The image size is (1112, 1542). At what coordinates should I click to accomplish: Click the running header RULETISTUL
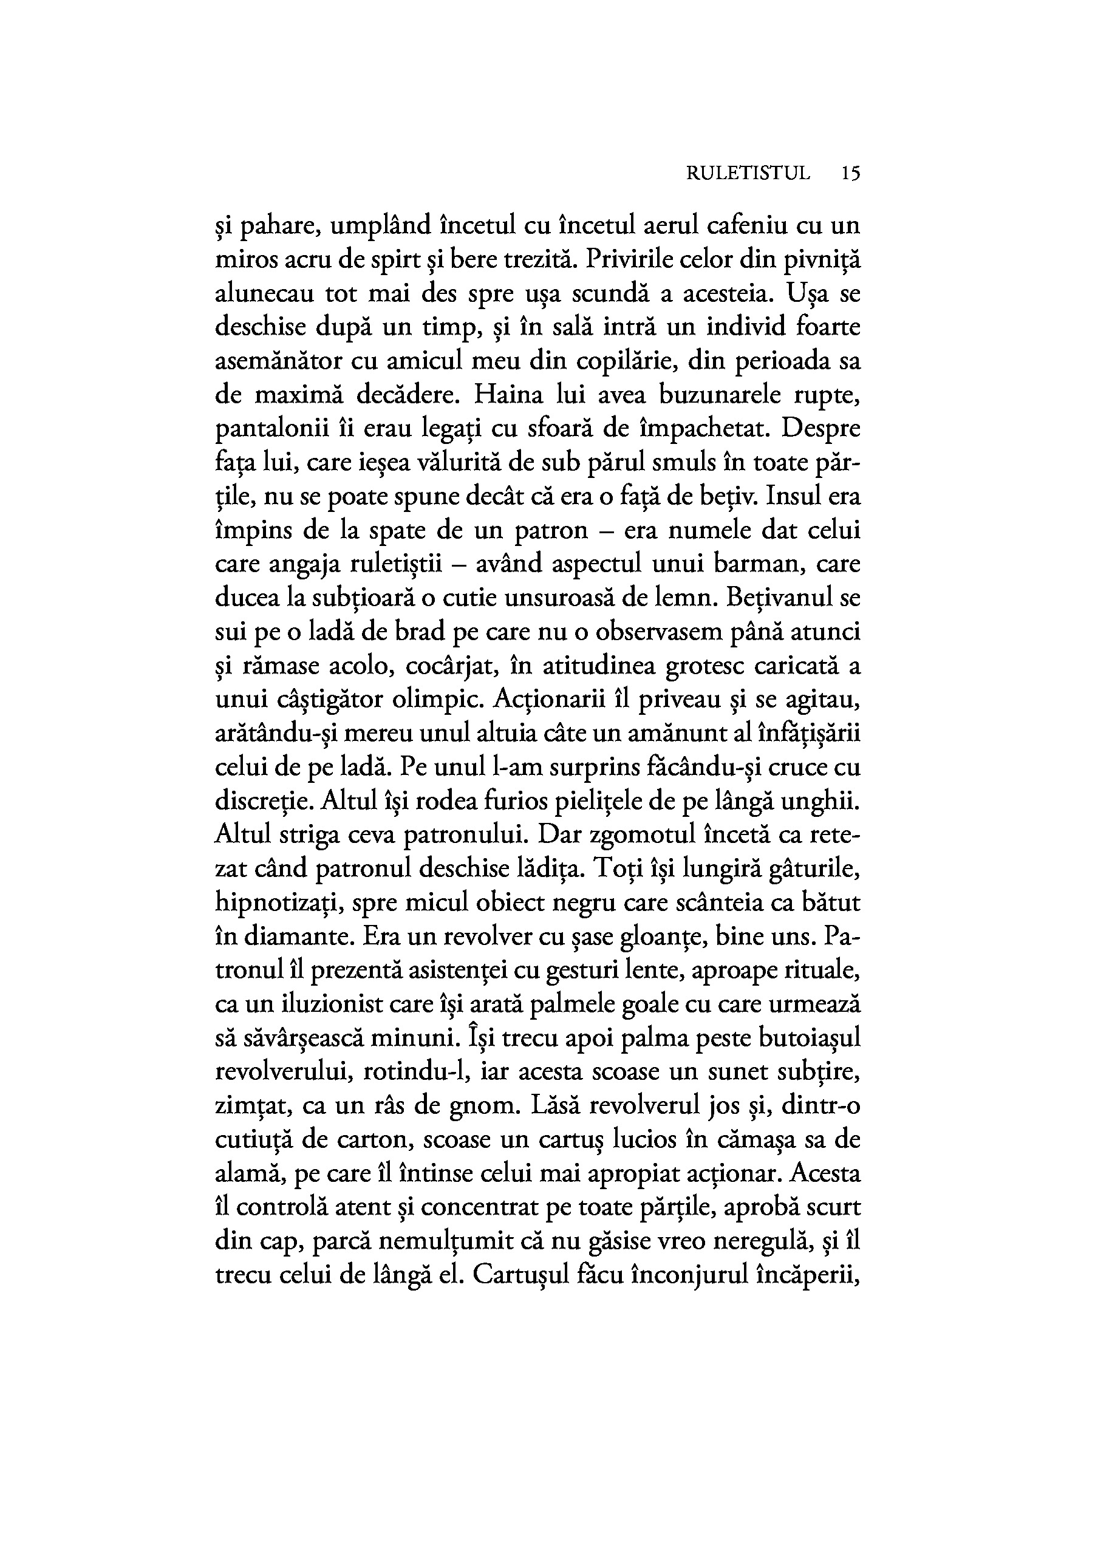(x=748, y=174)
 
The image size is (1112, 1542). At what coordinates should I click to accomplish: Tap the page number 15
(x=850, y=174)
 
